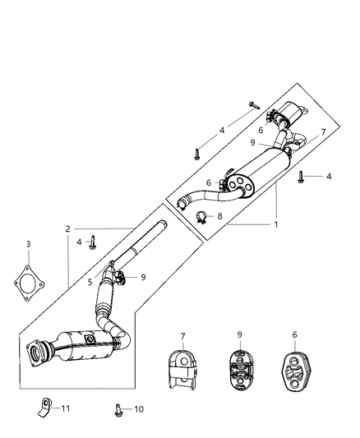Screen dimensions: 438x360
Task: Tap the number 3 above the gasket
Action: [x=28, y=244]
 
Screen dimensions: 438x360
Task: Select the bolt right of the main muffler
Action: [x=302, y=175]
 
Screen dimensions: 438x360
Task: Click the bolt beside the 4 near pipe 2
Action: [x=95, y=242]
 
